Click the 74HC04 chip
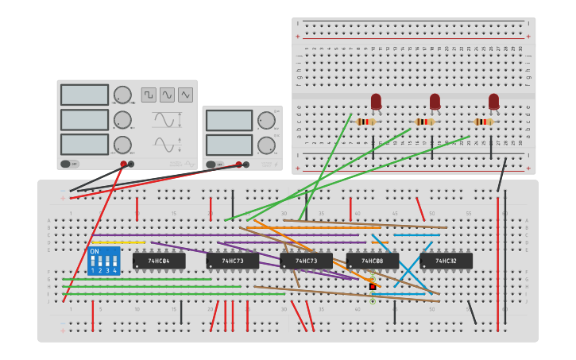[x=159, y=261]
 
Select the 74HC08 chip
[x=373, y=261]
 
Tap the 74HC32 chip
[x=446, y=261]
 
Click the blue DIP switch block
[x=104, y=261]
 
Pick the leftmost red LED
[x=376, y=102]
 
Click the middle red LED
[x=435, y=102]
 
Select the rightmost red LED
[x=493, y=102]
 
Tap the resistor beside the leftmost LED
[x=365, y=122]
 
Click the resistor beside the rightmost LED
[x=482, y=122]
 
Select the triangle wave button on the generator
[x=185, y=95]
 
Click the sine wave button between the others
[x=167, y=95]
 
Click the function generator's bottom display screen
[x=84, y=145]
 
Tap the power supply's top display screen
[x=229, y=120]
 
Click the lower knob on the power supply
[x=266, y=145]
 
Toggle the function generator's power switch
[x=70, y=164]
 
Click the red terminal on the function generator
[x=123, y=164]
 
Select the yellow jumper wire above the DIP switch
[x=118, y=242]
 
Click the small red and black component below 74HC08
[x=372, y=286]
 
